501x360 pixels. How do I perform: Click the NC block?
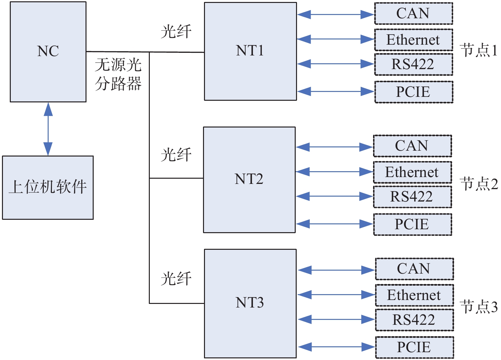click(x=48, y=52)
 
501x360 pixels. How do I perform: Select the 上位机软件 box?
click(x=48, y=187)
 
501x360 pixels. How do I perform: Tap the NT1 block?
click(x=250, y=51)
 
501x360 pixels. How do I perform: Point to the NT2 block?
click(x=249, y=179)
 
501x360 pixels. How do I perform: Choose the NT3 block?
click(x=250, y=303)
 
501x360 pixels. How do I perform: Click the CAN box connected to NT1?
click(x=413, y=14)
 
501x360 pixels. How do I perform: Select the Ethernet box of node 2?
click(x=412, y=172)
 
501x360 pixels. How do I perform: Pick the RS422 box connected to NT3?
click(x=414, y=320)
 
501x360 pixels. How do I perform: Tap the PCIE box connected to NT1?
click(x=414, y=92)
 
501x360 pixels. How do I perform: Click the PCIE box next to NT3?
click(x=414, y=347)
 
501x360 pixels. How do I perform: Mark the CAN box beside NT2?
click(x=412, y=146)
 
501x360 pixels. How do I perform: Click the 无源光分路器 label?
click(x=118, y=74)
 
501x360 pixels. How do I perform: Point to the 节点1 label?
click(x=479, y=51)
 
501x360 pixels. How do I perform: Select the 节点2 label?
click(x=479, y=184)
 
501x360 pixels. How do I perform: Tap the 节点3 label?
click(x=479, y=307)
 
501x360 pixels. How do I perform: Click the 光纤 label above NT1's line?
click(x=176, y=32)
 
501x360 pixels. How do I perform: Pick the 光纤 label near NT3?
click(x=176, y=279)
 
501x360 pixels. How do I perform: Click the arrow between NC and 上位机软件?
click(x=48, y=129)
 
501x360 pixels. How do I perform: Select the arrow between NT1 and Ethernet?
click(x=336, y=39)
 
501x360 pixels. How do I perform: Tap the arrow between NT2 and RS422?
click(x=335, y=196)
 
